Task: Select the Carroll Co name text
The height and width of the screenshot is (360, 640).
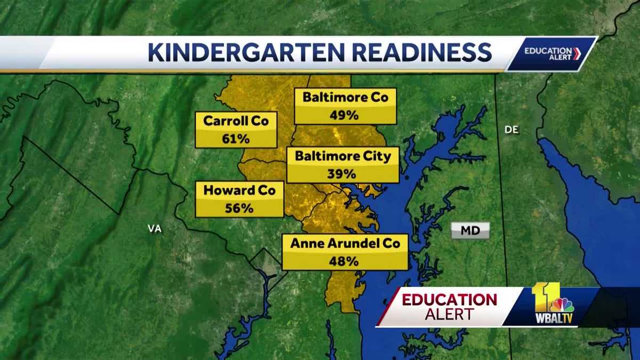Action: pyautogui.click(x=236, y=121)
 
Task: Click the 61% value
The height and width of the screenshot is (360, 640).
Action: pyautogui.click(x=236, y=139)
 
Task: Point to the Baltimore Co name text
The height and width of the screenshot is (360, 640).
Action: pyautogui.click(x=345, y=97)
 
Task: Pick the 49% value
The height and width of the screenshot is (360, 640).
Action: pyautogui.click(x=345, y=115)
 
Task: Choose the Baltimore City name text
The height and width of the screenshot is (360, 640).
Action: pyautogui.click(x=343, y=156)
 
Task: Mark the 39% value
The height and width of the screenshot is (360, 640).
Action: pyautogui.click(x=343, y=174)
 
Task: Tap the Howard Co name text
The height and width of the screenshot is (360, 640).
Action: pyautogui.click(x=239, y=190)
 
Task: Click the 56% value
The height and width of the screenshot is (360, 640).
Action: pyautogui.click(x=239, y=208)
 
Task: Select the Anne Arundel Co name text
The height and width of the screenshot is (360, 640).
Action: pyautogui.click(x=345, y=243)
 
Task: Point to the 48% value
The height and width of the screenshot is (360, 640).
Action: pyautogui.click(x=345, y=261)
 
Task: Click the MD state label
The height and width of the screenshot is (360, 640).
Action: pyautogui.click(x=470, y=231)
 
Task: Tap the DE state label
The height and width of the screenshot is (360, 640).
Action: pyautogui.click(x=511, y=130)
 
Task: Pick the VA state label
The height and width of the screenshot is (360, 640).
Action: pyautogui.click(x=154, y=228)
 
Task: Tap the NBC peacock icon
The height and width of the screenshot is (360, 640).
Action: pyautogui.click(x=563, y=305)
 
